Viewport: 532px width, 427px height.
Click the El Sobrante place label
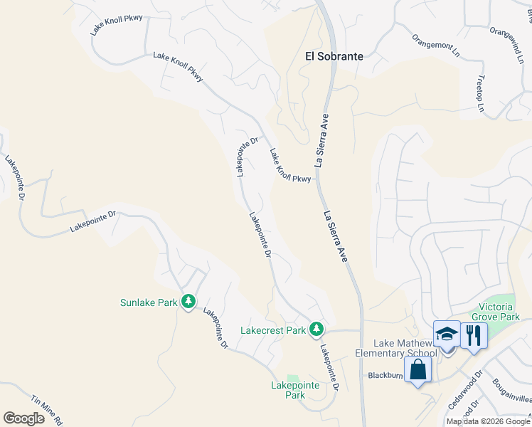pyautogui.click(x=334, y=56)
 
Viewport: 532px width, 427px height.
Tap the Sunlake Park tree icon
pyautogui.click(x=188, y=302)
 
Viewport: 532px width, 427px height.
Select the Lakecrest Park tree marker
pyautogui.click(x=316, y=330)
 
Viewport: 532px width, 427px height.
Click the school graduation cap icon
pyautogui.click(x=447, y=334)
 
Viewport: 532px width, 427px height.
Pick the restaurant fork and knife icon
pyautogui.click(x=474, y=334)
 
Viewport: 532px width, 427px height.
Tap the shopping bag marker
pyautogui.click(x=417, y=369)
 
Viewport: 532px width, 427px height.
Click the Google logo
pyautogui.click(x=24, y=418)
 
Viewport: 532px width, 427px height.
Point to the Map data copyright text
pyautogui.click(x=488, y=421)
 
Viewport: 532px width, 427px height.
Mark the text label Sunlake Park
pyautogui.click(x=148, y=302)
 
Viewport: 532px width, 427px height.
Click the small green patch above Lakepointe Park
pyautogui.click(x=292, y=376)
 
